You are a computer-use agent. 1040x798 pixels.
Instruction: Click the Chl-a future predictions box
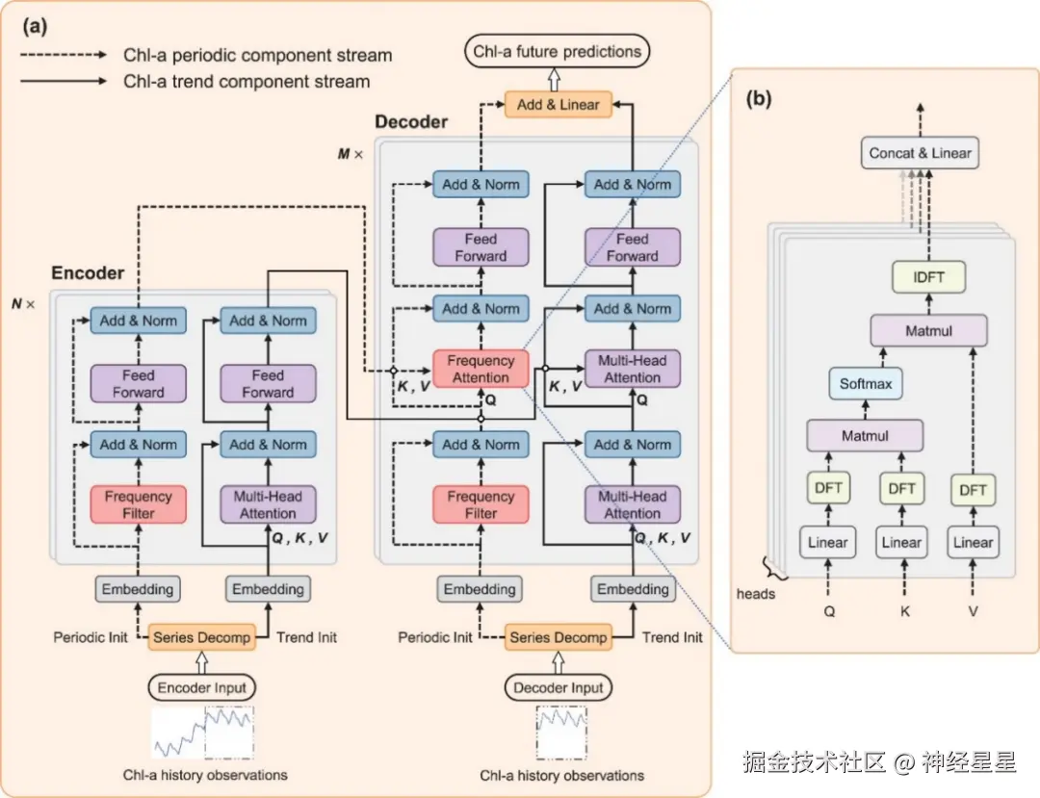(x=558, y=51)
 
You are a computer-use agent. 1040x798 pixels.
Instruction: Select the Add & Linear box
(x=559, y=104)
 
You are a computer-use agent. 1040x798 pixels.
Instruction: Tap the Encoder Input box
(x=202, y=687)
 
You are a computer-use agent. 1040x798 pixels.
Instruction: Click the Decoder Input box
(x=559, y=687)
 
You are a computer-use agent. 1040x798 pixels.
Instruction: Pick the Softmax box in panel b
(x=865, y=383)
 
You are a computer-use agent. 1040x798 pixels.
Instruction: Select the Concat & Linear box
(x=920, y=153)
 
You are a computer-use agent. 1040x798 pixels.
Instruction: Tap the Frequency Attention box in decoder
(x=481, y=369)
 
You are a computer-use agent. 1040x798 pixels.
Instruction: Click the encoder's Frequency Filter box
(x=138, y=504)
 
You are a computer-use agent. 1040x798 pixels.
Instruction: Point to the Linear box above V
(x=973, y=542)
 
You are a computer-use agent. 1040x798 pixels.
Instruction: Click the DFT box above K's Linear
(x=901, y=489)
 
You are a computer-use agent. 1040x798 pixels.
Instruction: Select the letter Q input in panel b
(x=827, y=610)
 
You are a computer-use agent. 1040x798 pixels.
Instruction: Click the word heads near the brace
(x=756, y=594)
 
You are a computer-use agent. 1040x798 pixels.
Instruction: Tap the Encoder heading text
(x=88, y=272)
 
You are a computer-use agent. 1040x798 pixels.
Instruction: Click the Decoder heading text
(x=411, y=121)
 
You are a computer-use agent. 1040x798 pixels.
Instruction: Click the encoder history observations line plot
(x=202, y=734)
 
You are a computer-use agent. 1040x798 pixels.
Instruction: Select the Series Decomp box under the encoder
(x=202, y=637)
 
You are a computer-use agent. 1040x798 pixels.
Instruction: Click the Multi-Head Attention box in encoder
(x=268, y=504)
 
